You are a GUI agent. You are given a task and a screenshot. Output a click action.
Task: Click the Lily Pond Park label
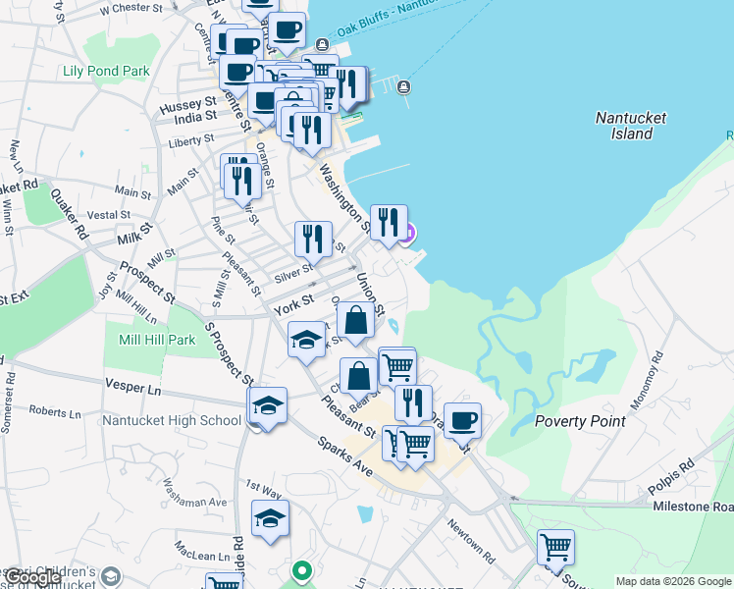(106, 71)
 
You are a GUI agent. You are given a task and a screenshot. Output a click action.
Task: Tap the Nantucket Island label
(630, 126)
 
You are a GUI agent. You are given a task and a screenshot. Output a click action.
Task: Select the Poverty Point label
(580, 421)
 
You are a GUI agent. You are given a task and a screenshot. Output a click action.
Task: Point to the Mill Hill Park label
(150, 340)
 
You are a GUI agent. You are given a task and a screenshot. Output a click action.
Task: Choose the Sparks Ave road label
(344, 455)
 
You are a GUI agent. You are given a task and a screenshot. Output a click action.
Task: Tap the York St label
(292, 304)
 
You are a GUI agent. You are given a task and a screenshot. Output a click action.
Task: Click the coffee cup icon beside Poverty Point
(463, 419)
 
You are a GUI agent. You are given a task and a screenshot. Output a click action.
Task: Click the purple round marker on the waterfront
(408, 233)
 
